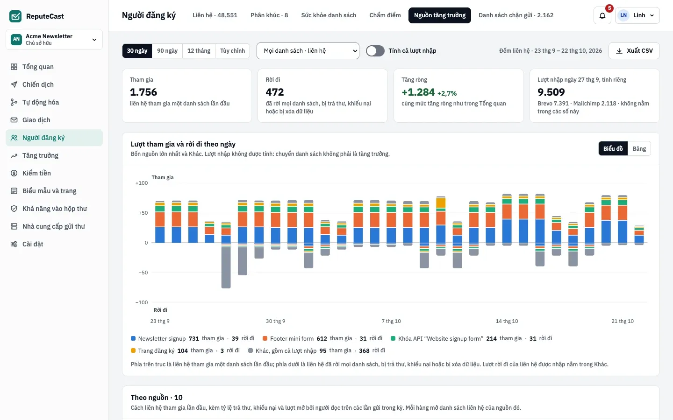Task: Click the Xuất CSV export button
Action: pos(634,51)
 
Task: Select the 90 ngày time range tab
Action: pos(167,51)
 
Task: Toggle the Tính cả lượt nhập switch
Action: pos(375,51)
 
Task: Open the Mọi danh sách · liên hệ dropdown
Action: pos(308,51)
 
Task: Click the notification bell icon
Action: pos(602,15)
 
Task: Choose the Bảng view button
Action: pos(639,148)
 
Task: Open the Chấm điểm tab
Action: pos(385,15)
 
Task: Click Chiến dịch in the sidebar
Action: pos(38,84)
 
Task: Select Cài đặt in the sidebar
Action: pos(33,244)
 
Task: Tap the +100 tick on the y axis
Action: pos(142,183)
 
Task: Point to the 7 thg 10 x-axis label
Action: pos(391,321)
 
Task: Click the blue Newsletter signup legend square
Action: pos(133,338)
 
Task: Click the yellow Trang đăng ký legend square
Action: pos(133,350)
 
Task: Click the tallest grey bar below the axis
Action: pos(226,267)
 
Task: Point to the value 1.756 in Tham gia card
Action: pos(143,92)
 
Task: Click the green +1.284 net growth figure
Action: pos(418,92)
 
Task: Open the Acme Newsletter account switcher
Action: pos(54,39)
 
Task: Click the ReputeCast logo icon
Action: pos(15,16)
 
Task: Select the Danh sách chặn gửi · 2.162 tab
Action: pos(516,15)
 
